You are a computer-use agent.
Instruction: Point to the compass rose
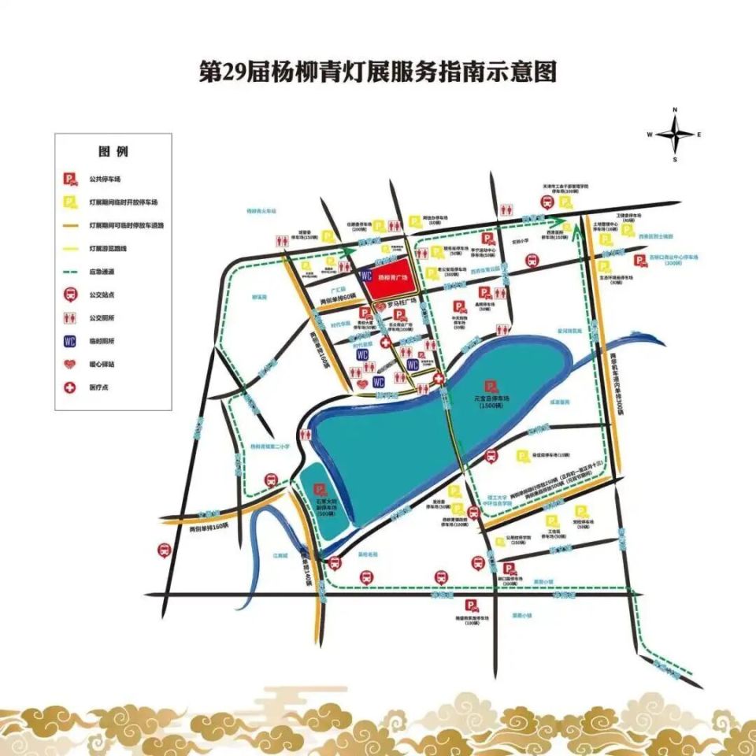(x=675, y=135)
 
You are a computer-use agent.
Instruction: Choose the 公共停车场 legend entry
(x=71, y=180)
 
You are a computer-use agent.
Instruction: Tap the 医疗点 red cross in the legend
(x=71, y=388)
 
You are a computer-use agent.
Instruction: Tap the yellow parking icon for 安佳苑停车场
(x=521, y=456)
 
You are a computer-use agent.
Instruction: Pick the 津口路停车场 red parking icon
(x=509, y=569)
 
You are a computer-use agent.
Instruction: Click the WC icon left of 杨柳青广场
(x=365, y=276)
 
